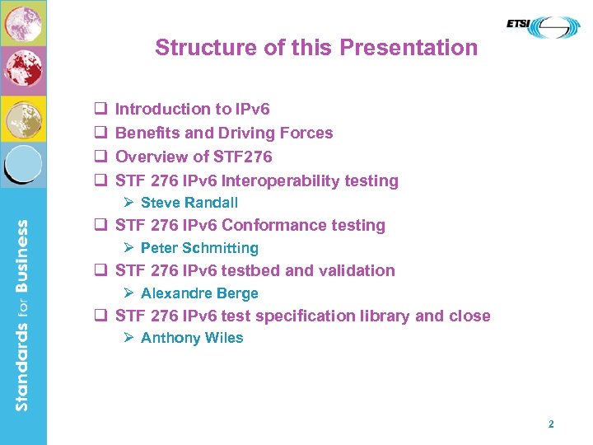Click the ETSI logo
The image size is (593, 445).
coord(544,27)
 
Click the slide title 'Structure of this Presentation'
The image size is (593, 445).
coord(316,48)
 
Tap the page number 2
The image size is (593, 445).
coord(551,424)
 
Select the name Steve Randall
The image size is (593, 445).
coord(189,203)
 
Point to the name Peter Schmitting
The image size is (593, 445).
coord(199,248)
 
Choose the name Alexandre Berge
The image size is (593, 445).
coord(199,293)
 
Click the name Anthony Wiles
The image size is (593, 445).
coord(192,338)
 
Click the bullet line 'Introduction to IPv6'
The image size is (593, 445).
coord(193,109)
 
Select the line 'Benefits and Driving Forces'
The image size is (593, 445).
coord(224,133)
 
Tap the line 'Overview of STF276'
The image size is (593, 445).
coord(194,157)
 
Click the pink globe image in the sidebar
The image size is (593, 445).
coord(22,22)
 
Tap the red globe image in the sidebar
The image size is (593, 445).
coord(22,70)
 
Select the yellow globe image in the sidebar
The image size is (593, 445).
coord(22,118)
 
